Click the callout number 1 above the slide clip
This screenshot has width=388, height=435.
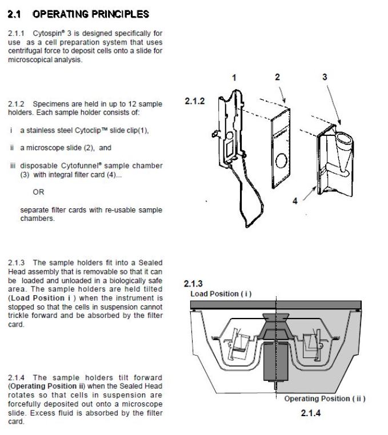(234, 78)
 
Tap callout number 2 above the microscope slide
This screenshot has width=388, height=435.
(277, 77)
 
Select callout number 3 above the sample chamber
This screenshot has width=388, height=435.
(325, 77)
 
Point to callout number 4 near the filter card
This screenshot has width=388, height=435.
(295, 202)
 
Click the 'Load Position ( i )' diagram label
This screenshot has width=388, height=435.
(221, 294)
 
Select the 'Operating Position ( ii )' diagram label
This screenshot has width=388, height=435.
(325, 398)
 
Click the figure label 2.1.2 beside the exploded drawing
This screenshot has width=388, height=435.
(195, 101)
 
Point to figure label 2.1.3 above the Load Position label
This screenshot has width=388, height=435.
(193, 284)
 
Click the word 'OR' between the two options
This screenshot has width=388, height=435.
(38, 192)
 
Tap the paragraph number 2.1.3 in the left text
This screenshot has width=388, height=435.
(17, 263)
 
